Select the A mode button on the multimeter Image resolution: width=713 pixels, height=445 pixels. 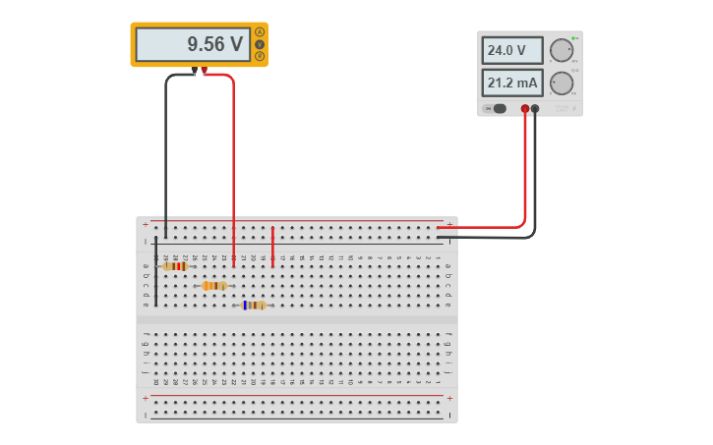coord(260,32)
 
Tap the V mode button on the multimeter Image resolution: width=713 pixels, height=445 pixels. coord(260,44)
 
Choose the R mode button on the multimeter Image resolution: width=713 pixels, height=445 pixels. coord(260,56)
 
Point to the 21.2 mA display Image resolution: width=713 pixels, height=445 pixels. coord(511,83)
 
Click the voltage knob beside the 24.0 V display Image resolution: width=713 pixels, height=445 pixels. coord(561,51)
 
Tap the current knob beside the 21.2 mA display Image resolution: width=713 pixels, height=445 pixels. coord(561,83)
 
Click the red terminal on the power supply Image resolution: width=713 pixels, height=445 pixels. coord(525,109)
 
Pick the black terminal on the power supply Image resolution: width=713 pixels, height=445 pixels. coord(535,109)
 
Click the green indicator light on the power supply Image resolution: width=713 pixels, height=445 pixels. coord(574,38)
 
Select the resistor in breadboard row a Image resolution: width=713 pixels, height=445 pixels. coord(175,266)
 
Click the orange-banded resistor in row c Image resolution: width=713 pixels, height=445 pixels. coord(214,286)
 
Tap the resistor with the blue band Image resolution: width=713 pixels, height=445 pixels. coord(254,306)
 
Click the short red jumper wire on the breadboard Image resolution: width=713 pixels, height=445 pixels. coord(272,247)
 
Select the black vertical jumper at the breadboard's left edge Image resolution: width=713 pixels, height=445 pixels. coord(155,271)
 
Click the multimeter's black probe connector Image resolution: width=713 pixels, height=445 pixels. coord(195,71)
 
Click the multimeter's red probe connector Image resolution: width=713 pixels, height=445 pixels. coord(205,71)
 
